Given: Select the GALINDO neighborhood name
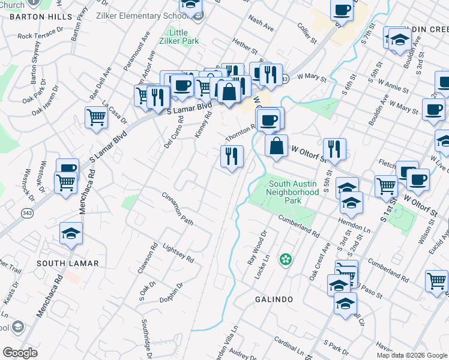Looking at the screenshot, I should click(273, 299).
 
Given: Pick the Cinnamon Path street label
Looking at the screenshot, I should click(178, 209).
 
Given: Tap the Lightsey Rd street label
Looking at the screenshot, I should click(178, 252).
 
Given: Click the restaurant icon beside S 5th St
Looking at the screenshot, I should click(334, 149).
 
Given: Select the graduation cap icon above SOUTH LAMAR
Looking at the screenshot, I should click(71, 233).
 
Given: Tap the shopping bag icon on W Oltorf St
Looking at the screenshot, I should click(276, 146).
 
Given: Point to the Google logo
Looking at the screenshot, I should click(20, 353).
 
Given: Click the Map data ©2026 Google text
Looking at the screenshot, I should click(411, 355).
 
